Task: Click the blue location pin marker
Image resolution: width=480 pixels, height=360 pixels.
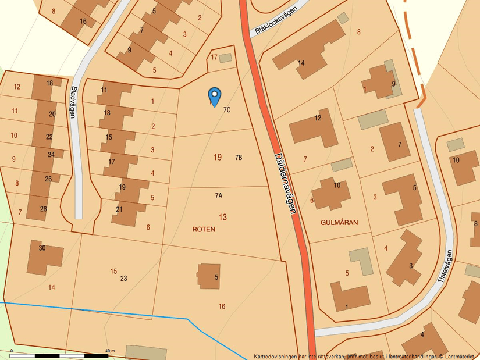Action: (x=215, y=96)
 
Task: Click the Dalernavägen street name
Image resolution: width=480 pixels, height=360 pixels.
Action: (x=285, y=183)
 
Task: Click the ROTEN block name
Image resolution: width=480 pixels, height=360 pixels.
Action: (x=204, y=229)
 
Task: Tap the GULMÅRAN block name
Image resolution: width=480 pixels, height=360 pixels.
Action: (x=339, y=222)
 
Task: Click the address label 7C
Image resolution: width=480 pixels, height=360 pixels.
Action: (x=227, y=109)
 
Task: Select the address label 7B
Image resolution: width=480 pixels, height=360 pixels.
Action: (x=238, y=158)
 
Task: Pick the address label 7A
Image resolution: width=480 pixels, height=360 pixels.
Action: (x=219, y=196)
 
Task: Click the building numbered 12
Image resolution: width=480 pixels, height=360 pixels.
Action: (x=314, y=125)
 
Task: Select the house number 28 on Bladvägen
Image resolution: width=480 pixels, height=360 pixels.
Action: (x=44, y=209)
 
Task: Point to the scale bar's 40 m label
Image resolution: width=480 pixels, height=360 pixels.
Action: (x=110, y=351)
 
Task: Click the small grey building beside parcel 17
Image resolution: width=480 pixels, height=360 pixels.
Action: (x=225, y=58)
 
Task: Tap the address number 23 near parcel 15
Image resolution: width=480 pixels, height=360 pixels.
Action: (x=123, y=279)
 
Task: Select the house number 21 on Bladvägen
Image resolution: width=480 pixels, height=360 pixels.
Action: (x=119, y=209)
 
